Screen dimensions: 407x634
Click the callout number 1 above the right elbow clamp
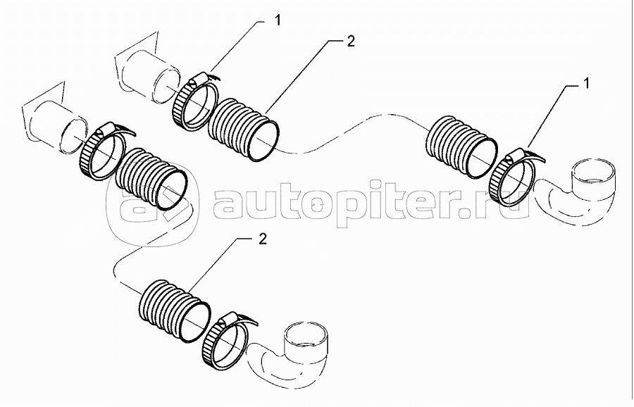pos(584,84)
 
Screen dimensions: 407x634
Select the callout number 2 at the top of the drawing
pos(350,41)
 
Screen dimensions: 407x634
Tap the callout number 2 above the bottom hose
pos(263,239)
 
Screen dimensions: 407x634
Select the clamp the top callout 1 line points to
pos(192,101)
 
